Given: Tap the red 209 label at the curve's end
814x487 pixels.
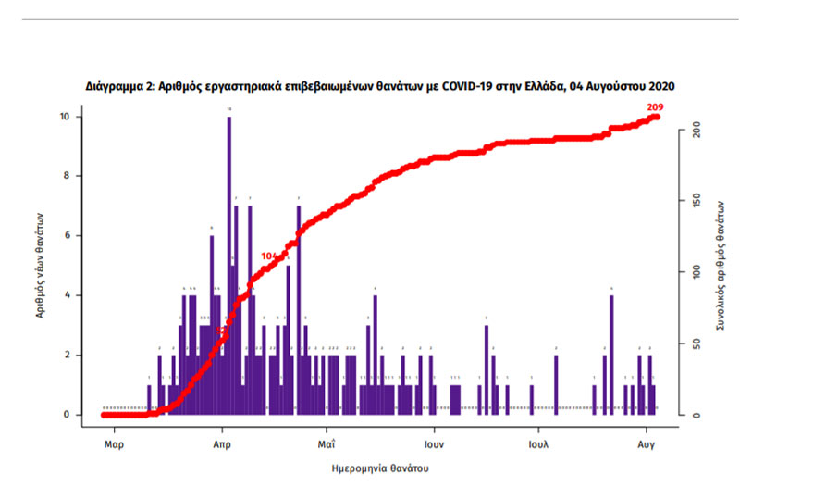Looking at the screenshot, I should [x=657, y=107].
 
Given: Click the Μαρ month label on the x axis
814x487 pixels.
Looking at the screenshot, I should [x=114, y=443].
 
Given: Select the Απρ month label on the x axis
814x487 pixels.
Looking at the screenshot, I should [x=221, y=443].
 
